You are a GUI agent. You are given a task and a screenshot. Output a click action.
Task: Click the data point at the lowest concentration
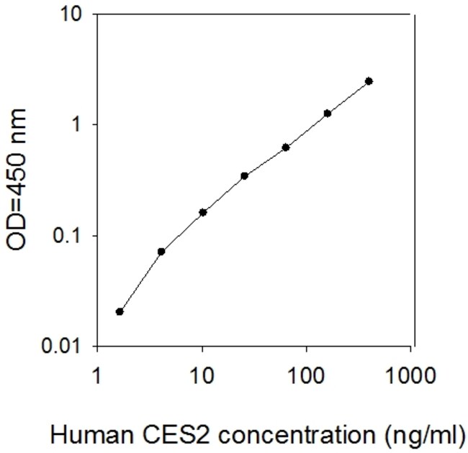[x=120, y=311]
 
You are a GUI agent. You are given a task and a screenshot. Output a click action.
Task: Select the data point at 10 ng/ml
[x=203, y=212]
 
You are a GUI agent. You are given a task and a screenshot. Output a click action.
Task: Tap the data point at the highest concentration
[x=369, y=81]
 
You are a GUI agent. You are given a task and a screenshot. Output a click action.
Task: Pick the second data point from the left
[x=161, y=251]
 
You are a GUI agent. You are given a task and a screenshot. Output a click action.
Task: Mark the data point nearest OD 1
[x=328, y=113]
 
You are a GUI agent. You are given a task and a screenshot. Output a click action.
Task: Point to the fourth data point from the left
[x=244, y=175]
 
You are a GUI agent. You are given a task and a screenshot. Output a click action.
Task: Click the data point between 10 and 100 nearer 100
[x=286, y=147]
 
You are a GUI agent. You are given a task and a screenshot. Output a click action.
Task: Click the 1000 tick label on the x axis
[x=412, y=375]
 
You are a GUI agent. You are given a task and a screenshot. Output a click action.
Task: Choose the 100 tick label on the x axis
[x=307, y=375]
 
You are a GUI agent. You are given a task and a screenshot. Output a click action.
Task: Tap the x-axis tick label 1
[x=99, y=375]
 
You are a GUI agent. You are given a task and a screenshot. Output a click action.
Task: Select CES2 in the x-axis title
[x=158, y=434]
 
